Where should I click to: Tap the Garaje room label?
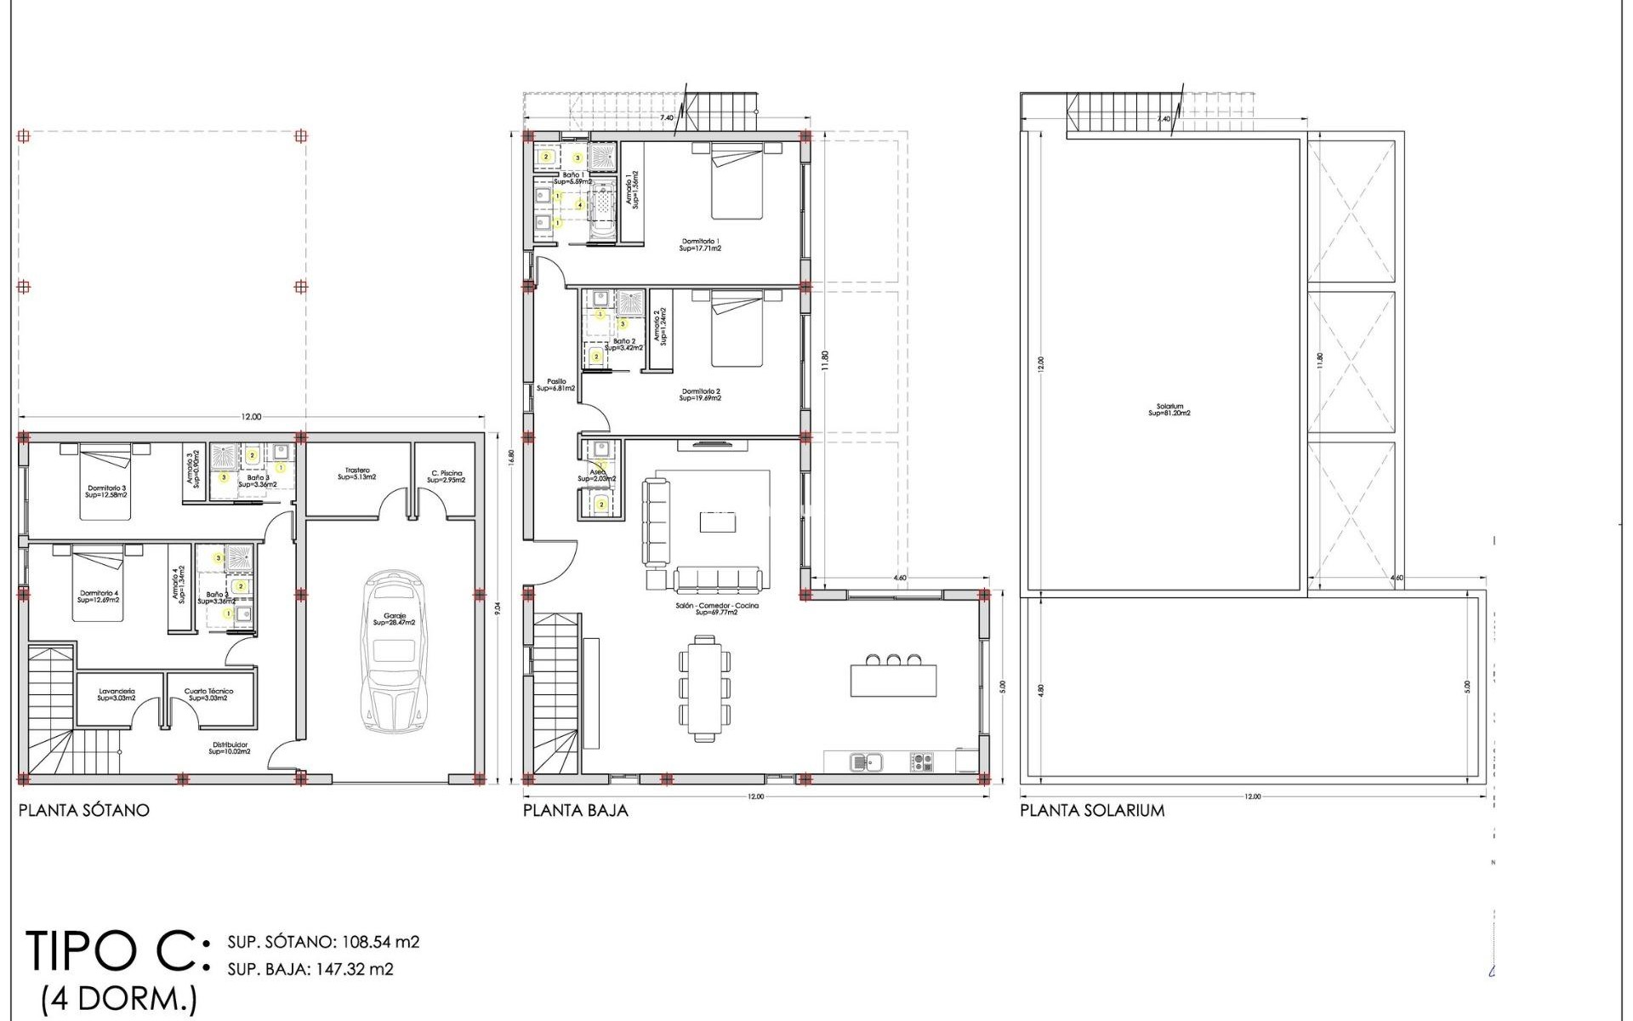[x=394, y=619]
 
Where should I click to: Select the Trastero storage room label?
[x=356, y=473]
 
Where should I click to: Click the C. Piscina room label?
[x=447, y=476]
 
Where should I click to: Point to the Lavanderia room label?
[x=117, y=694]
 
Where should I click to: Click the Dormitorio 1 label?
[x=700, y=245]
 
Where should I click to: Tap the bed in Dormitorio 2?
[x=737, y=332]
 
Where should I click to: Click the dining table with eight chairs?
[x=704, y=686]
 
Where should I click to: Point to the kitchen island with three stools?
[x=893, y=681]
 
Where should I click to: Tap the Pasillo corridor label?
[x=555, y=385]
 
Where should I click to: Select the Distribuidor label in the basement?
[x=229, y=748]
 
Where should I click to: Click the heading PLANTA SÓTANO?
[x=83, y=810]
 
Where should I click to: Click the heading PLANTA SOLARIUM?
[x=1092, y=810]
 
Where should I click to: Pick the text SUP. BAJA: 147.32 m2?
[x=310, y=968]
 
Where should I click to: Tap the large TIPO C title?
[x=115, y=951]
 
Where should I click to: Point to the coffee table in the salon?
[x=717, y=522]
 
